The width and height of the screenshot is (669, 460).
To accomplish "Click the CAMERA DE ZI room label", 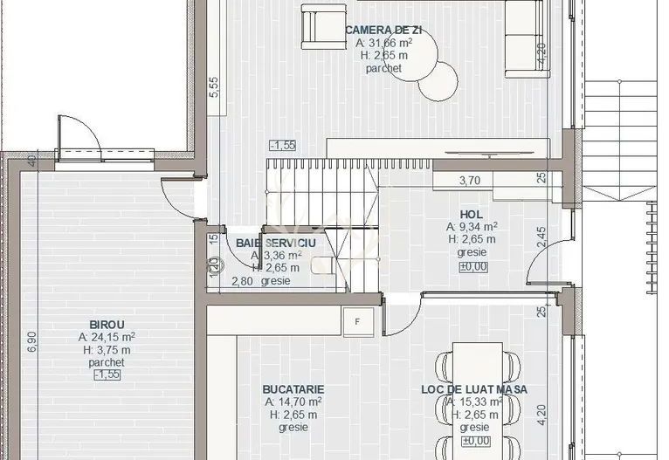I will [x=383, y=28].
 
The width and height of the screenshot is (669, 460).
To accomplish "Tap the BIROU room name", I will [x=107, y=324].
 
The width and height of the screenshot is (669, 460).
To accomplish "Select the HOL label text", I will [x=471, y=214].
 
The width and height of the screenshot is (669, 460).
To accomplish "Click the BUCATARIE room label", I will [x=293, y=389].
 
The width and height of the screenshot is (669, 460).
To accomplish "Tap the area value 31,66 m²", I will [x=384, y=41].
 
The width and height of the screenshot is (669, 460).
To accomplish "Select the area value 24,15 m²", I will [x=107, y=336].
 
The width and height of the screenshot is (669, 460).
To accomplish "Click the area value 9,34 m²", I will [x=472, y=227].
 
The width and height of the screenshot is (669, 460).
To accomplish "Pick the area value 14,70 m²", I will [x=293, y=402].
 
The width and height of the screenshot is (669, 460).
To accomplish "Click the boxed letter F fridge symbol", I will [x=357, y=321].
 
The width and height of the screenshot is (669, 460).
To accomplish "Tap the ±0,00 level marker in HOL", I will [x=472, y=266].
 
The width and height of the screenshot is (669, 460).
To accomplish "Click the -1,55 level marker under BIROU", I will [x=107, y=374].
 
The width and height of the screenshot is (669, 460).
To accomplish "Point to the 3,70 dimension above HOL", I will [x=470, y=181].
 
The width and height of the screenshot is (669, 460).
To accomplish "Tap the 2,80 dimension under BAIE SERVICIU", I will [x=242, y=281].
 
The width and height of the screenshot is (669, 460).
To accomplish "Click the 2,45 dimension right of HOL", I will [x=542, y=238].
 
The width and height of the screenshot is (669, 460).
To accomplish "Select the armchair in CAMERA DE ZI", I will [x=316, y=26].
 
